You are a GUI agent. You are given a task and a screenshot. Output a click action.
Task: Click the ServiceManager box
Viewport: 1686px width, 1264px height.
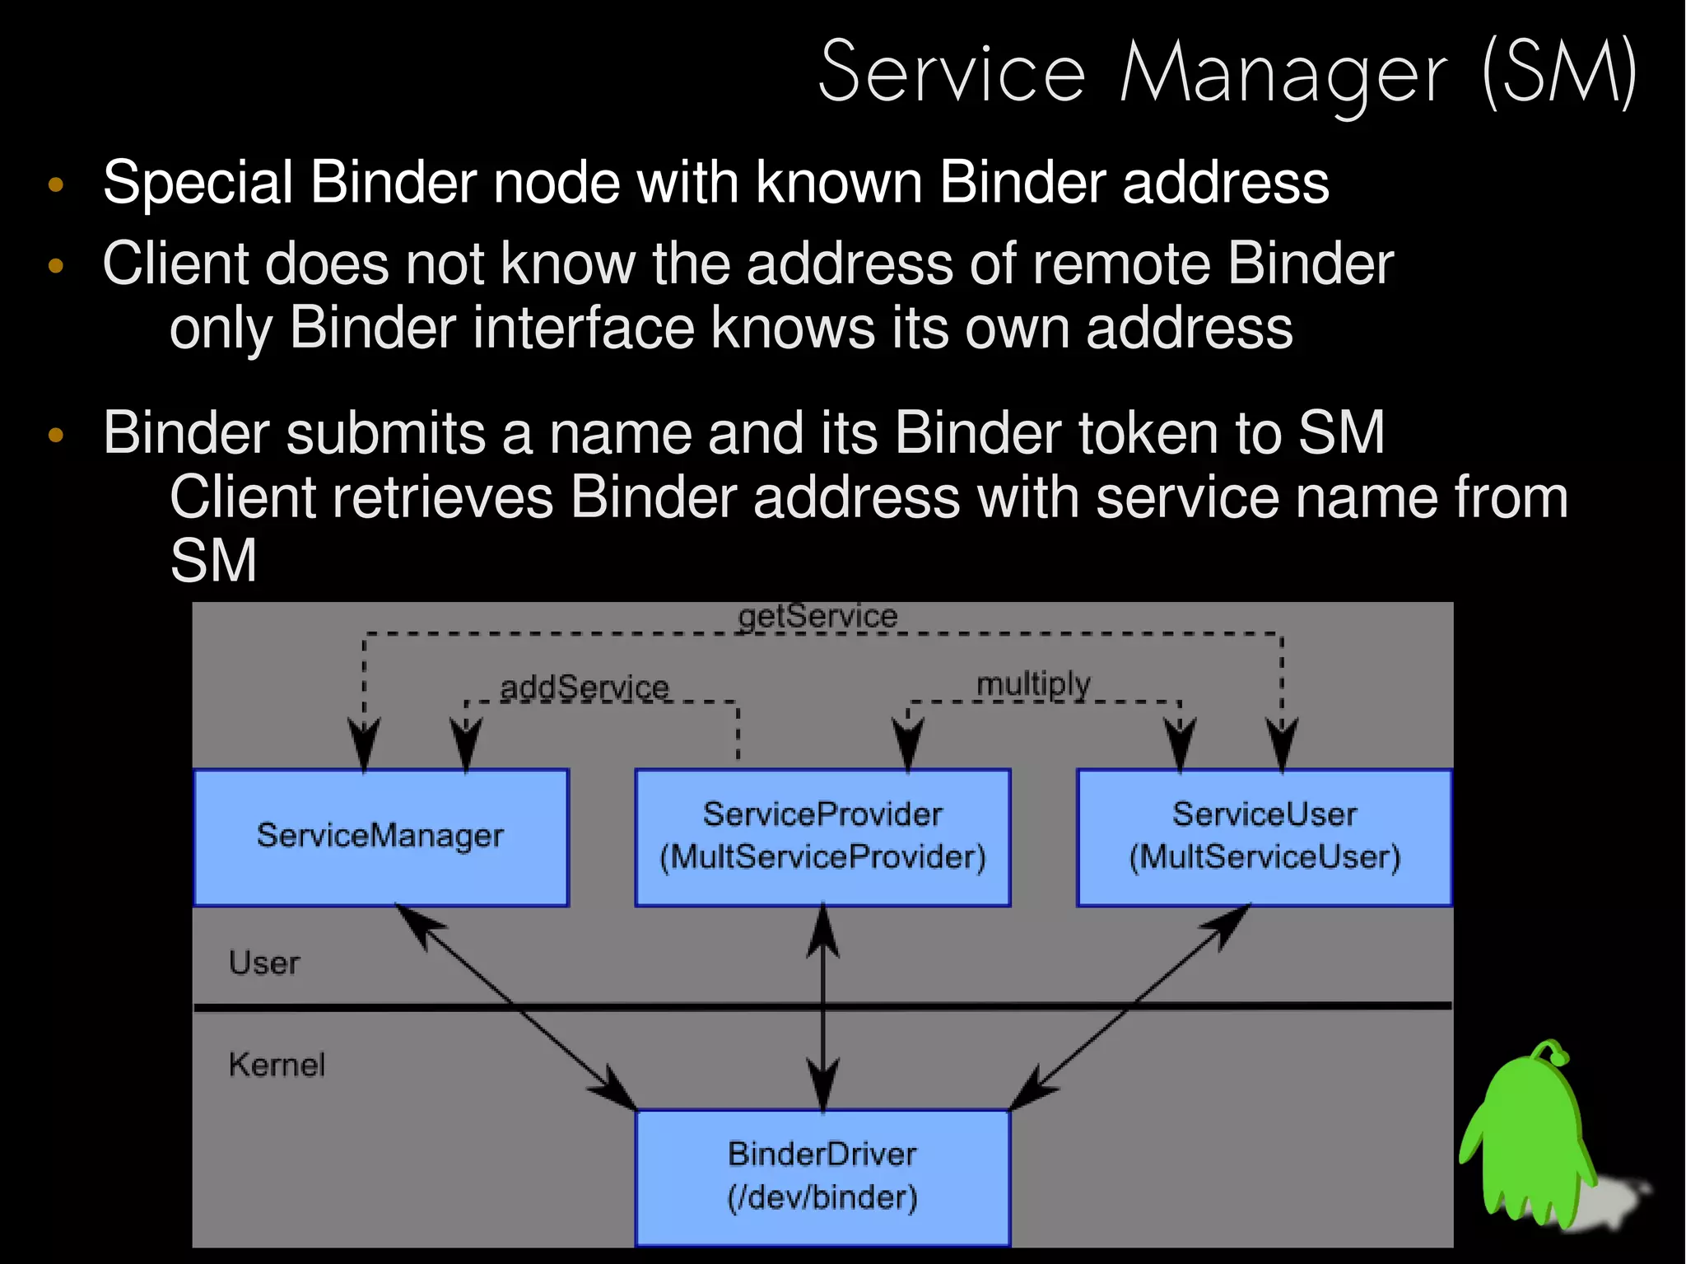(380, 837)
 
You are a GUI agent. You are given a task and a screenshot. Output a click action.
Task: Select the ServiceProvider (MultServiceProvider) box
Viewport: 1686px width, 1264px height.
(822, 837)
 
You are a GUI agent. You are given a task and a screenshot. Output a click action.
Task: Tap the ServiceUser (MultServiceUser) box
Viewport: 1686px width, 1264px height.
(1264, 837)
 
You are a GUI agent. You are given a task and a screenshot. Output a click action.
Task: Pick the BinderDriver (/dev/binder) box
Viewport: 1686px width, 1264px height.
(822, 1177)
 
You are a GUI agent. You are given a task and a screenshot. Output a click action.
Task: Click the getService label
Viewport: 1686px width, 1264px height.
(817, 616)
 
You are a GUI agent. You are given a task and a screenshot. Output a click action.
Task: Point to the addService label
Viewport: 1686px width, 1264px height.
(585, 688)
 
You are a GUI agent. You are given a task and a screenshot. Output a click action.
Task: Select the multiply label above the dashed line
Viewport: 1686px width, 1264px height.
(1033, 683)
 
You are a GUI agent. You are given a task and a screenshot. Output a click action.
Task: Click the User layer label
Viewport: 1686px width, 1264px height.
(264, 963)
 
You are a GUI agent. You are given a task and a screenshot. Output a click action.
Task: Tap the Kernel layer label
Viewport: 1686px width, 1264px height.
(277, 1065)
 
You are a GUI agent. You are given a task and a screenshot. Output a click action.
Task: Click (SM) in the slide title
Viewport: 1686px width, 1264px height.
(1558, 74)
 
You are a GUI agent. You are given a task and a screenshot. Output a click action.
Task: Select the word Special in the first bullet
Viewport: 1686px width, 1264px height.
(198, 183)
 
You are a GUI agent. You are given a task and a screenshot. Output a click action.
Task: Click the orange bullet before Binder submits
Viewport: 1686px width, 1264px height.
(56, 434)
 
